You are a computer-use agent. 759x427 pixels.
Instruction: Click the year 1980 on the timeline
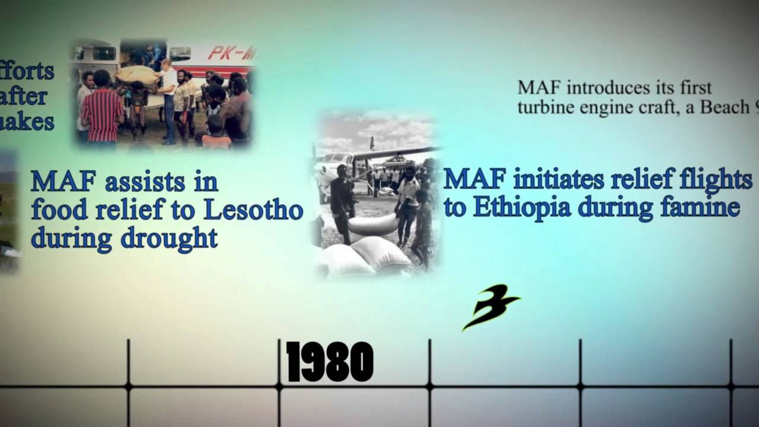(330, 362)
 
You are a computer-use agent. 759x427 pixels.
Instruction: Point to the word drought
(169, 238)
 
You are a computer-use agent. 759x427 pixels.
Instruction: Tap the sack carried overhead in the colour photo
(138, 75)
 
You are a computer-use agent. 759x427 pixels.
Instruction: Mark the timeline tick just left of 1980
(128, 387)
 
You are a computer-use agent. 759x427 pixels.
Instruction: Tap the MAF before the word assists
(63, 182)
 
